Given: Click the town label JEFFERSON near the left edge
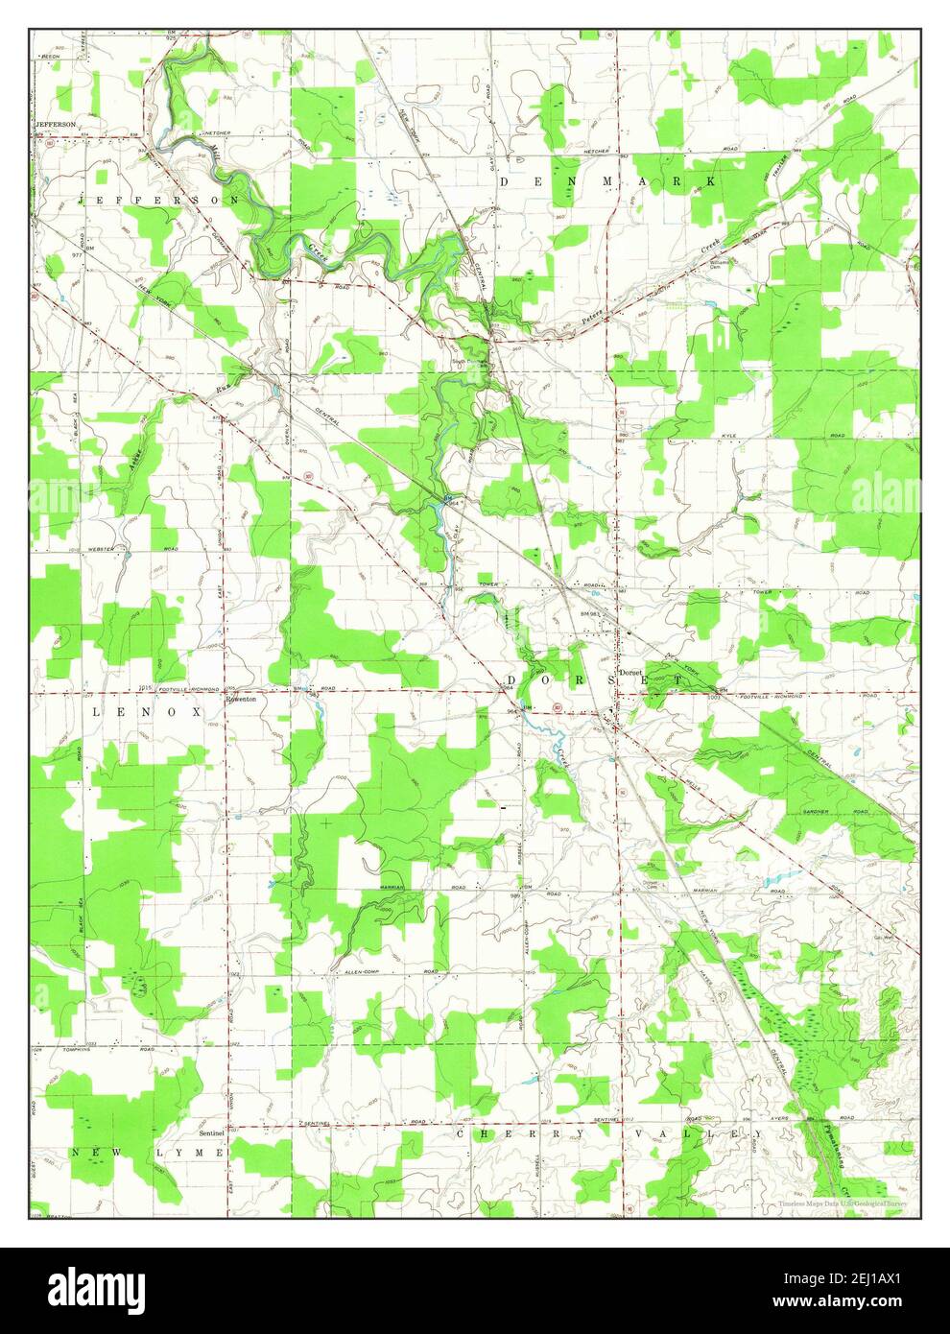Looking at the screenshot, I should coord(55,125).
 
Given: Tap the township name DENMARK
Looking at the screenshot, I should coord(606,181).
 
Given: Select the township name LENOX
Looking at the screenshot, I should coord(147,713).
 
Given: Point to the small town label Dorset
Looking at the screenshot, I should coord(629,673).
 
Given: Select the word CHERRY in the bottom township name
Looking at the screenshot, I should coord(503,1133).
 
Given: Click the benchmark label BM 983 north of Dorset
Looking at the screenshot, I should coord(589,612).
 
